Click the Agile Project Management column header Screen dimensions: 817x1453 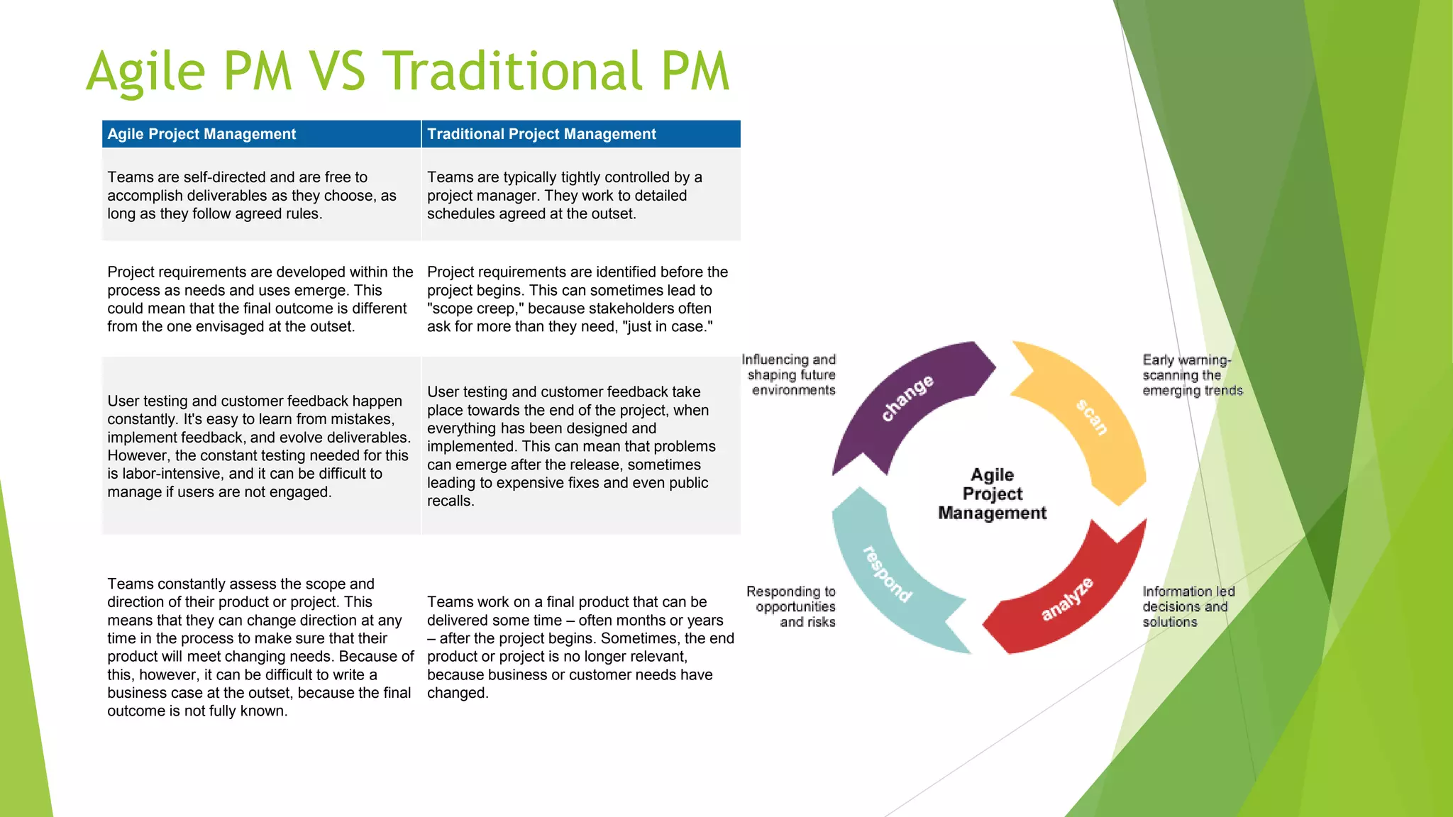201,134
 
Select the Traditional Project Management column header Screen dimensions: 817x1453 541,134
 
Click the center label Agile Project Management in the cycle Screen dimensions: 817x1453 992,494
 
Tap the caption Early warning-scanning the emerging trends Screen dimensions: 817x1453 1192,375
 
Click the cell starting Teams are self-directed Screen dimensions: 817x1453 252,195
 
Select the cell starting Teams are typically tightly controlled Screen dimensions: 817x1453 564,195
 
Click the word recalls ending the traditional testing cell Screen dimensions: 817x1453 450,501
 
